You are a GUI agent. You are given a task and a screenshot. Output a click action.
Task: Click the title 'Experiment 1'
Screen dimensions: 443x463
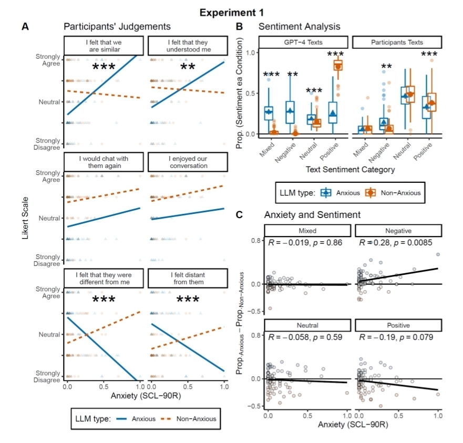click(x=231, y=12)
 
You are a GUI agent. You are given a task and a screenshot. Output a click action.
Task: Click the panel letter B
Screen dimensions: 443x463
click(x=239, y=26)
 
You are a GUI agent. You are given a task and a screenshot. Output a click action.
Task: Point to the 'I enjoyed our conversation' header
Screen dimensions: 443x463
click(x=188, y=162)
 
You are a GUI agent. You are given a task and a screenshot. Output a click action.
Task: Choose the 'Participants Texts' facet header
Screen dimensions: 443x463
click(x=397, y=43)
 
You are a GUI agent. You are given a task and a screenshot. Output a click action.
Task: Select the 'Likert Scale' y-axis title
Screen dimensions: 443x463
click(x=25, y=218)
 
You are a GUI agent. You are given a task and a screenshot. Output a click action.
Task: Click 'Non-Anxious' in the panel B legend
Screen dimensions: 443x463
click(x=402, y=192)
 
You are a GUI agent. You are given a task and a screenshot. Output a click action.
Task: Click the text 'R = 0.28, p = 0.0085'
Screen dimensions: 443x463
click(x=396, y=243)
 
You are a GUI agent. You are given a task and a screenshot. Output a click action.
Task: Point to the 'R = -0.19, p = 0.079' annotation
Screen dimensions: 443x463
click(x=396, y=337)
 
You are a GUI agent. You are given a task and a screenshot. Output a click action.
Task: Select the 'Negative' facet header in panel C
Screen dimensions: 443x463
click(x=397, y=231)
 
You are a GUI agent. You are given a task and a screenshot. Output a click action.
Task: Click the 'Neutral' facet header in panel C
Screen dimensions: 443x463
click(x=307, y=325)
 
